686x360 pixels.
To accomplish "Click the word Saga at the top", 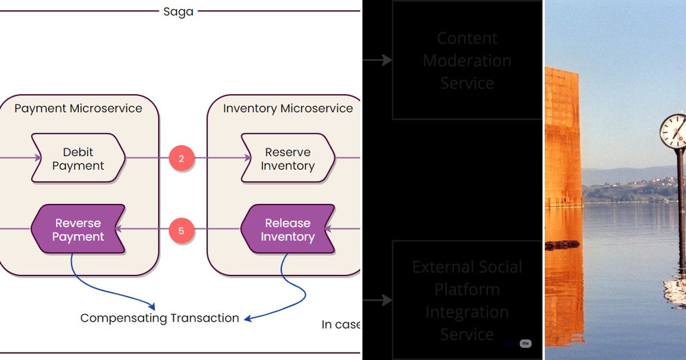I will (x=178, y=11).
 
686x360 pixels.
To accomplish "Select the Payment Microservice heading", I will (x=78, y=108).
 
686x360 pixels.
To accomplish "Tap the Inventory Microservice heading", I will (x=288, y=108).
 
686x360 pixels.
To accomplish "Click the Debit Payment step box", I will (x=78, y=158).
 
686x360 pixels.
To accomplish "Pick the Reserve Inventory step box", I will (x=288, y=158).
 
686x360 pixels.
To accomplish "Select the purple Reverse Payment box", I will (x=78, y=229).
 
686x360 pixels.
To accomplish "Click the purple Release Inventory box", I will (x=288, y=229).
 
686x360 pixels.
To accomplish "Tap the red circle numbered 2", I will (x=181, y=158).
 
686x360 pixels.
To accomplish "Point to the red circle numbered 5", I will (x=181, y=231).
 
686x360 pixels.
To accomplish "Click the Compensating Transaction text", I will (x=159, y=318).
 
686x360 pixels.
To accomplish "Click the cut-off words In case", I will (x=341, y=325).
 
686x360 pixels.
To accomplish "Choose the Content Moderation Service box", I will (x=467, y=61).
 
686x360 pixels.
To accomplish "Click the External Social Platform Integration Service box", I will (x=467, y=300).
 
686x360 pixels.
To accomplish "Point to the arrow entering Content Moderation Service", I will (x=377, y=60).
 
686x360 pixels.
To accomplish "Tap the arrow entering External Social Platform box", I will (x=377, y=300).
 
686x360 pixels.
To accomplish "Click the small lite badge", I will (x=525, y=343).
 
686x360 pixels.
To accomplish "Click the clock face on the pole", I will (x=673, y=131).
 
